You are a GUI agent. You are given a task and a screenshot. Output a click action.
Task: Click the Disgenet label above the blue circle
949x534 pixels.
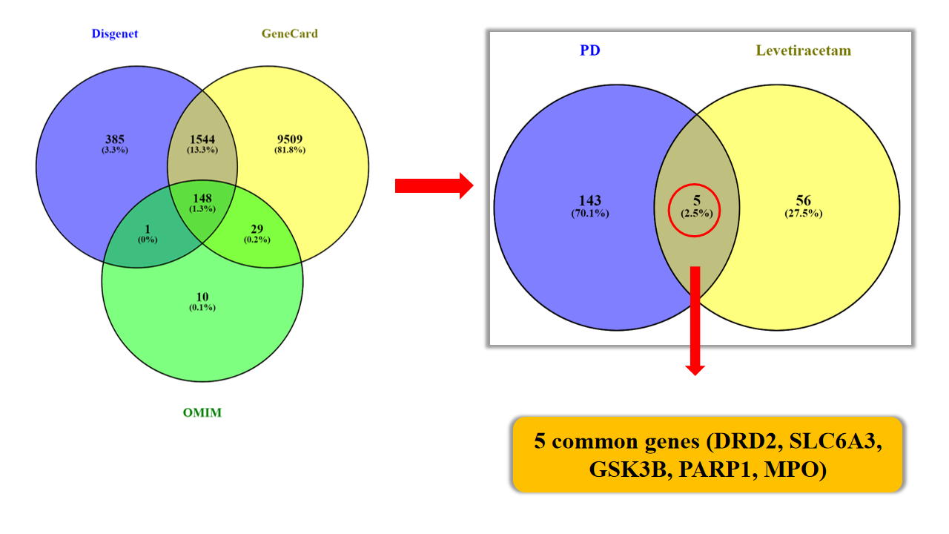(x=115, y=34)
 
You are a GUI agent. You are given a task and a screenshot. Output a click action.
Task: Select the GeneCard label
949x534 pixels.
(x=289, y=34)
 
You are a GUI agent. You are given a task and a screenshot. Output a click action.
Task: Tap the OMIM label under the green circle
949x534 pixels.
(x=202, y=413)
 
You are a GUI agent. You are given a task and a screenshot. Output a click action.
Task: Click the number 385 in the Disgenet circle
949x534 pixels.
(x=115, y=139)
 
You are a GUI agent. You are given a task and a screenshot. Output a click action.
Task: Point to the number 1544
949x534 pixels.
(x=202, y=139)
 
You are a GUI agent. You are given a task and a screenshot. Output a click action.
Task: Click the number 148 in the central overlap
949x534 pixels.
(x=202, y=199)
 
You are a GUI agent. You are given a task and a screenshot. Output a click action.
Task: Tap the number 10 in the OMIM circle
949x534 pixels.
(x=202, y=297)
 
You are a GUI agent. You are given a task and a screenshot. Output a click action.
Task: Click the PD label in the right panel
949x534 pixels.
(x=589, y=51)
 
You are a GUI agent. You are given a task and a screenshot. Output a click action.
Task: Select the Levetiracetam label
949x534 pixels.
(x=804, y=51)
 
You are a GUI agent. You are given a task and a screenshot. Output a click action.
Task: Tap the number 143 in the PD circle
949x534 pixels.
(x=590, y=201)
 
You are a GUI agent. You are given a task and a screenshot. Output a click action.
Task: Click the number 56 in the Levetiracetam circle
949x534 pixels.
(x=803, y=201)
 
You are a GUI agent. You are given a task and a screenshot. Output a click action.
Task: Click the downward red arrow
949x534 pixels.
(x=695, y=319)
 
